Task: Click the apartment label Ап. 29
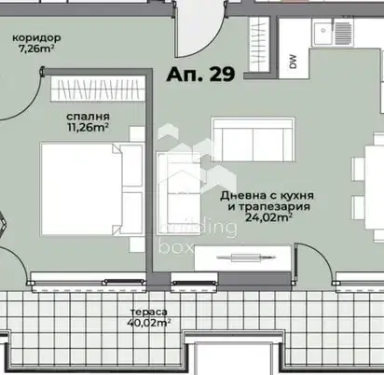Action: (x=200, y=75)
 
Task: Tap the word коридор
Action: (x=36, y=38)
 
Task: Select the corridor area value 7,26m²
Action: (x=36, y=49)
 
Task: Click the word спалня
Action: (x=88, y=117)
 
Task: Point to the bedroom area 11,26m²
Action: (x=88, y=127)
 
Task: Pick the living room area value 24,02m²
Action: (x=268, y=217)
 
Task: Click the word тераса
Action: (x=149, y=312)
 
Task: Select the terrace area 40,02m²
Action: (x=149, y=322)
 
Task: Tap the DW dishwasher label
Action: (x=294, y=62)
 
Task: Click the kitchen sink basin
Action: (x=323, y=31)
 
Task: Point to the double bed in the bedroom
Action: (x=92, y=189)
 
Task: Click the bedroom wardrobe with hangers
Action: (x=98, y=89)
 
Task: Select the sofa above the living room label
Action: (x=254, y=140)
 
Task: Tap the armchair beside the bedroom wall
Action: (x=179, y=189)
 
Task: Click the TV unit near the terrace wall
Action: (x=242, y=257)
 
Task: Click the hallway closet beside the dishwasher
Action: (x=259, y=45)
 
